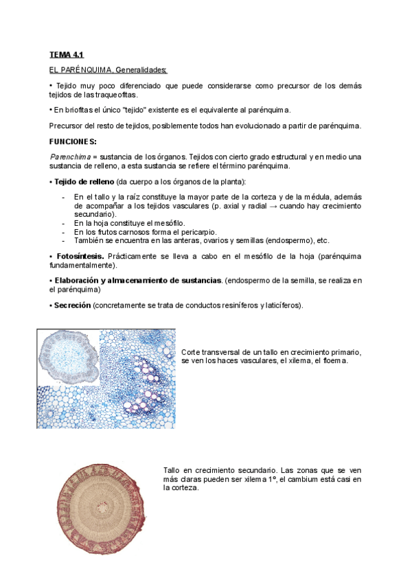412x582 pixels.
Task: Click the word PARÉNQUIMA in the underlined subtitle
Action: pyautogui.click(x=86, y=69)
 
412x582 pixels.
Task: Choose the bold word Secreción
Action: pyautogui.click(x=71, y=305)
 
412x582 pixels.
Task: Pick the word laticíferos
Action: pyautogui.click(x=277, y=305)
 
